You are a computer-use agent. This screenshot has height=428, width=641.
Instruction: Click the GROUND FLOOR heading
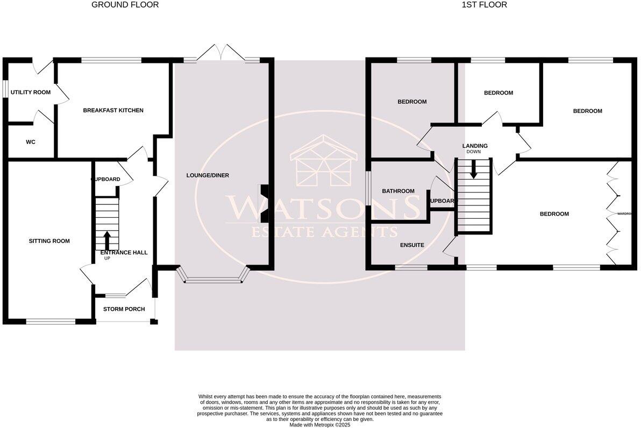point(125,5)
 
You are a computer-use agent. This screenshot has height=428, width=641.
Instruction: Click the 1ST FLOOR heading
point(484,5)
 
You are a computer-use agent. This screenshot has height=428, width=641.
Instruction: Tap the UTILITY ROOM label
point(31,92)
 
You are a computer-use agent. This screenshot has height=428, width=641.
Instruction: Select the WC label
point(31,142)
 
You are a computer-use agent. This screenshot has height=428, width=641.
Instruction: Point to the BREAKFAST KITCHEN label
point(113,110)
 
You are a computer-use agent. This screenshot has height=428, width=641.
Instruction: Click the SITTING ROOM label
point(49,241)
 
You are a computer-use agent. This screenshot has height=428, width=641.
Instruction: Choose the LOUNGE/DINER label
point(208,176)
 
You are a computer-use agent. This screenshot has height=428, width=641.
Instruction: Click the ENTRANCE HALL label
point(124,252)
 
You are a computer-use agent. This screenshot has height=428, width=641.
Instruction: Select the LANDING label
point(475,146)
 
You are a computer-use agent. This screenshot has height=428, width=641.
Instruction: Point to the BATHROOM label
point(398,191)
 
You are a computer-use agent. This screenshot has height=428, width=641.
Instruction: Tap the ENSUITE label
point(412,245)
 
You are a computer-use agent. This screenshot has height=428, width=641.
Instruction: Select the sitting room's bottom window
point(51,322)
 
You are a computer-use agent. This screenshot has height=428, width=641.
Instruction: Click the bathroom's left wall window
point(368,188)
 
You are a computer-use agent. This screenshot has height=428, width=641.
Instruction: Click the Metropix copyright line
point(319,425)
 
